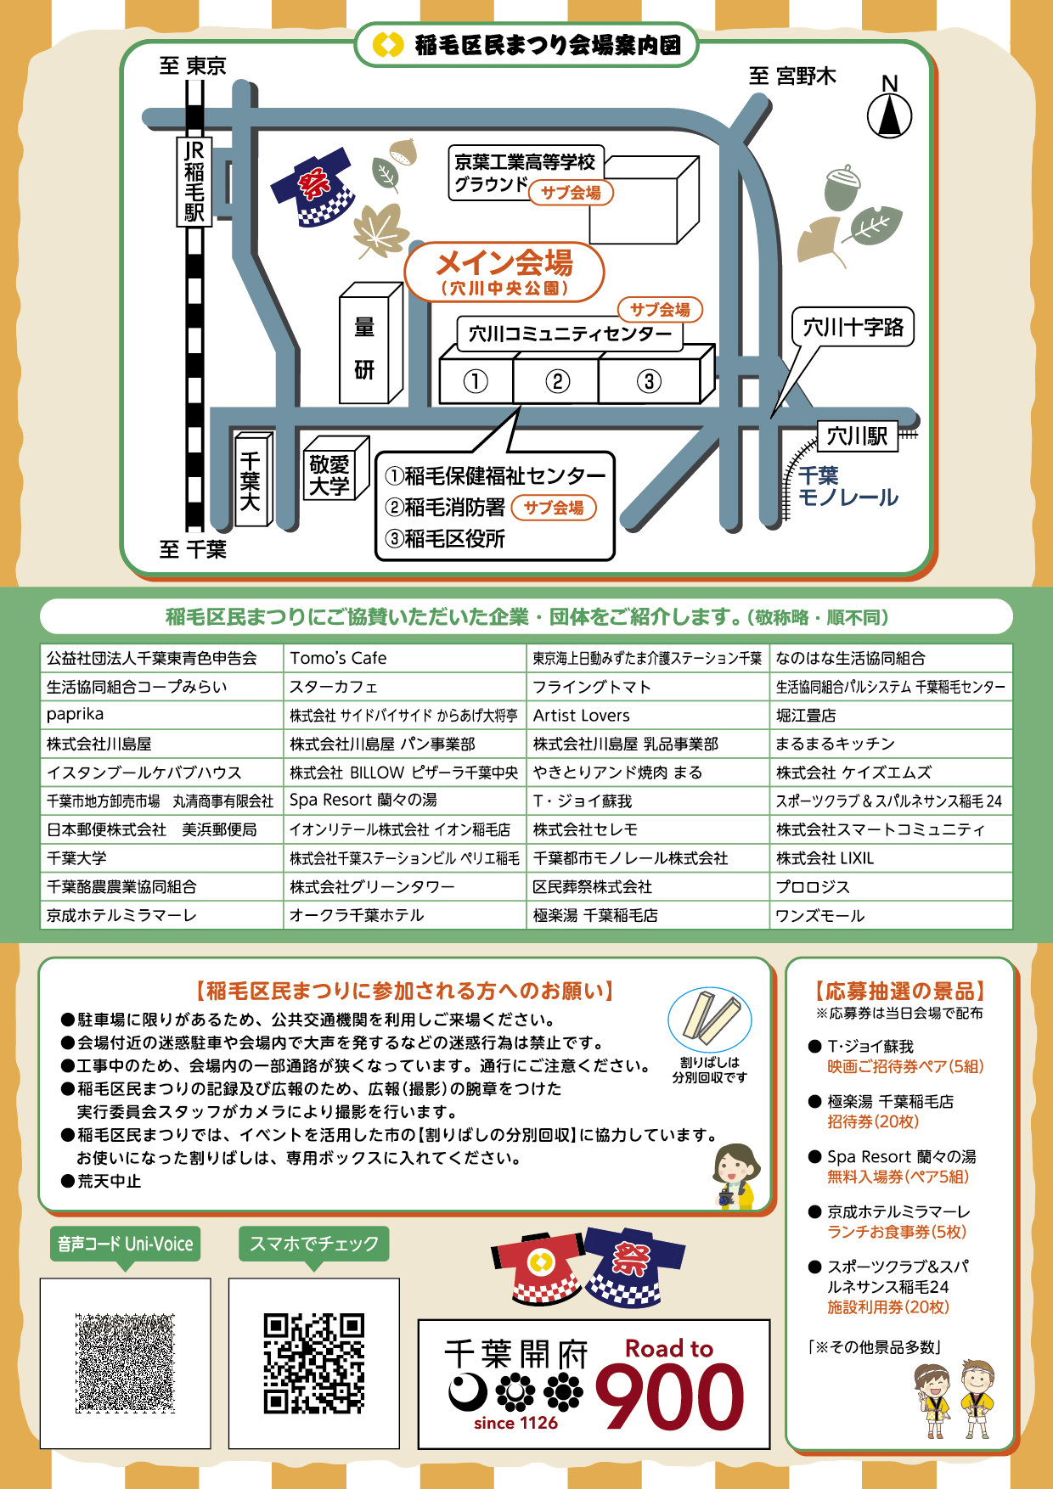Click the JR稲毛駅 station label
click(194, 181)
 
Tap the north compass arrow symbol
click(889, 115)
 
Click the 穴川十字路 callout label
click(853, 327)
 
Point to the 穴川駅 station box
click(858, 436)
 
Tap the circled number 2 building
click(557, 381)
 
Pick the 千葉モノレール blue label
click(847, 486)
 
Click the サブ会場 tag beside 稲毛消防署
click(554, 508)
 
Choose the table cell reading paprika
click(161, 715)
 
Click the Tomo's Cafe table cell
click(405, 658)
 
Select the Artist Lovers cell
click(648, 715)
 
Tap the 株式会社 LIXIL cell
click(891, 858)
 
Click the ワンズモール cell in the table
click(891, 915)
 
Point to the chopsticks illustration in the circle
click(710, 1018)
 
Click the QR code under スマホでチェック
click(314, 1363)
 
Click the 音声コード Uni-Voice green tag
click(125, 1245)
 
